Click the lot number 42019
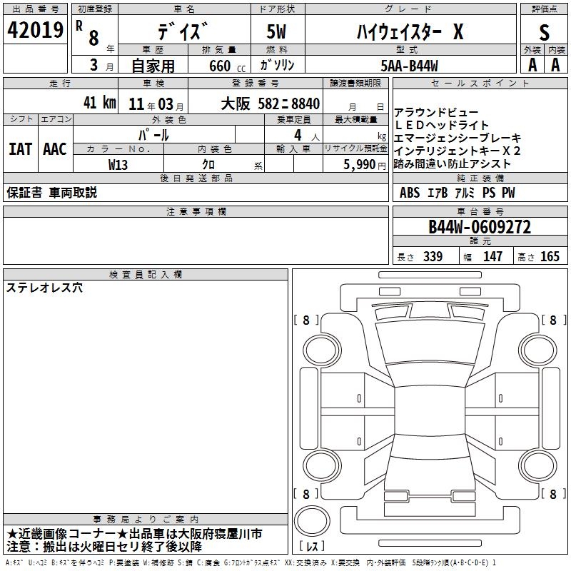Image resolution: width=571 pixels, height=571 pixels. click(35, 30)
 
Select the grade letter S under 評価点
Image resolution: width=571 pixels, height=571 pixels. click(544, 32)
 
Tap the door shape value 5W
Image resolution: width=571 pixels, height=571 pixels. click(276, 31)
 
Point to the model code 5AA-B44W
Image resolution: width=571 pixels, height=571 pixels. click(409, 66)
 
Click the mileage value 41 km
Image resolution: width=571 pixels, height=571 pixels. click(99, 102)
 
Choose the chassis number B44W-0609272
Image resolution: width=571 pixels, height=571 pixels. click(480, 227)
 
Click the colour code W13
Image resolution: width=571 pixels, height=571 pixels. click(118, 165)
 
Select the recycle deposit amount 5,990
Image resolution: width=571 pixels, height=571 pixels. click(360, 165)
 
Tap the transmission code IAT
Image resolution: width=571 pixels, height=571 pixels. click(20, 149)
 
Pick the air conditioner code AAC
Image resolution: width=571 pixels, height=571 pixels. click(55, 149)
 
